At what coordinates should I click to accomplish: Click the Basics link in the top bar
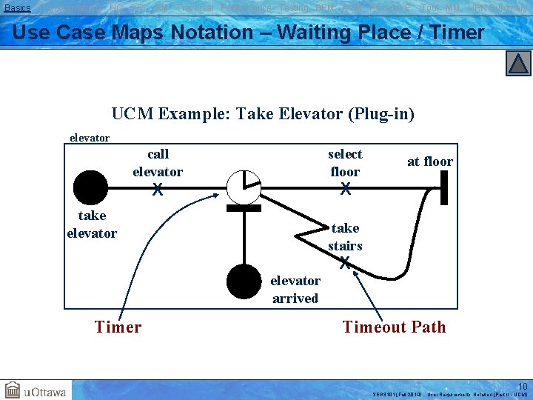pyautogui.click(x=18, y=7)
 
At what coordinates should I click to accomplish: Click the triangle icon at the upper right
pyautogui.click(x=518, y=64)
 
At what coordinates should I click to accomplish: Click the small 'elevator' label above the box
pyautogui.click(x=89, y=138)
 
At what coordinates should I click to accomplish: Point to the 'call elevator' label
pyautogui.click(x=158, y=163)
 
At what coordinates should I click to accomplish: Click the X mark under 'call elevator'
pyautogui.click(x=157, y=190)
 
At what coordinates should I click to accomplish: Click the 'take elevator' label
pyautogui.click(x=92, y=224)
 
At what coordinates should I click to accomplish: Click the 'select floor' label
pyautogui.click(x=345, y=163)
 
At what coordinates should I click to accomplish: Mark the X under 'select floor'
pyautogui.click(x=345, y=190)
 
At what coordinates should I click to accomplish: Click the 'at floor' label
pyautogui.click(x=430, y=161)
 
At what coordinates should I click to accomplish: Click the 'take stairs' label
pyautogui.click(x=345, y=236)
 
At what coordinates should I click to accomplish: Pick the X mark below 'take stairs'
pyautogui.click(x=345, y=262)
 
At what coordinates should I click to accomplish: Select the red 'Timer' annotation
pyautogui.click(x=118, y=327)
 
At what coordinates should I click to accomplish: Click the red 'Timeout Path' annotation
pyautogui.click(x=394, y=327)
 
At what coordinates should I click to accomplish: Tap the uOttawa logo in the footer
pyautogui.click(x=36, y=390)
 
